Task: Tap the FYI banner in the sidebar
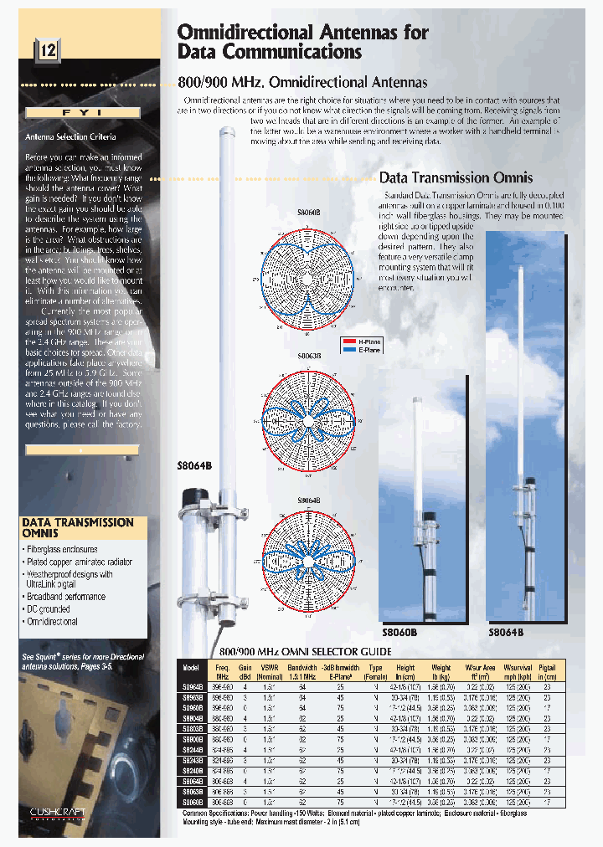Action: tap(82, 112)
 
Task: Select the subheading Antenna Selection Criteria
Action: tap(70, 136)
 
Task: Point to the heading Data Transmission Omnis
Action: tap(456, 177)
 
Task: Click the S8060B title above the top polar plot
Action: tap(308, 213)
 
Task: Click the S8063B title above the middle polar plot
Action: tap(308, 355)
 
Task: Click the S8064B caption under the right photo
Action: tap(506, 633)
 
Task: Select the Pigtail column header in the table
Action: tap(547, 670)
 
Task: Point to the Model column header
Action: tap(191, 668)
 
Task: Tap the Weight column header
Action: tap(441, 670)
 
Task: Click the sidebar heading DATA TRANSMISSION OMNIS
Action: tap(76, 527)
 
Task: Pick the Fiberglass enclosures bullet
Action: tap(61, 550)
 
